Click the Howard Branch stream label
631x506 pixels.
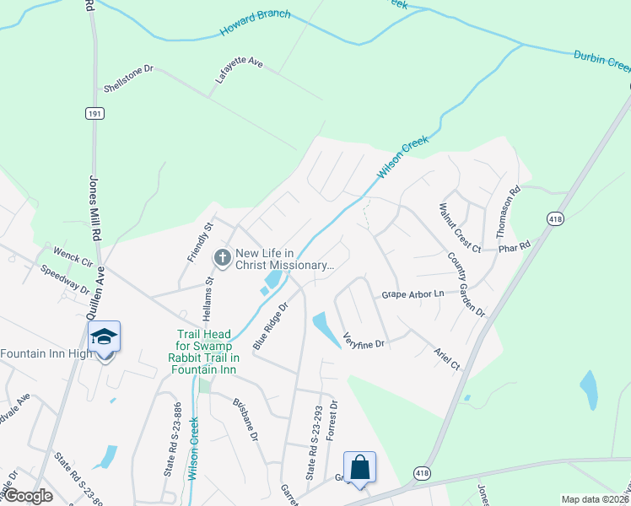pos(256,23)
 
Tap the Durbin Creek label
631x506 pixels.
pos(601,60)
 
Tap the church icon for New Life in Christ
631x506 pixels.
pos(223,257)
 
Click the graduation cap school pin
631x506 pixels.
pos(104,336)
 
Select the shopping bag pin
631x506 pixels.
pos(359,466)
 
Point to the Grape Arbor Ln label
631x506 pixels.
pos(413,294)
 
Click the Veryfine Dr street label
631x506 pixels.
pos(364,341)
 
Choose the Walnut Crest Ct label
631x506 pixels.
pos(459,227)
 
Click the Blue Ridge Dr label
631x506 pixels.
pos(270,326)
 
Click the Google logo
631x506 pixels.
pos(27,496)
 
